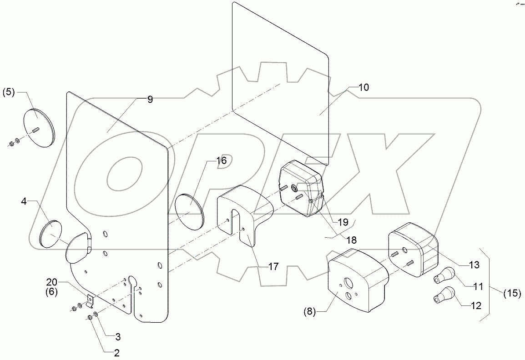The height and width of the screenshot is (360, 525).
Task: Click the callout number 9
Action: [x=150, y=100]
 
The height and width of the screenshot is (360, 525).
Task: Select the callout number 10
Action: [x=364, y=87]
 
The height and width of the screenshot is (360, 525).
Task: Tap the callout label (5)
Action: [x=9, y=92]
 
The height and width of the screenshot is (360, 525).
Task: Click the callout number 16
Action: [x=221, y=160]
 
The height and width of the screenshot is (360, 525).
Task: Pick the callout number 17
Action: [x=273, y=267]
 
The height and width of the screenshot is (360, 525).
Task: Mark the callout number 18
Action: [x=352, y=239]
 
